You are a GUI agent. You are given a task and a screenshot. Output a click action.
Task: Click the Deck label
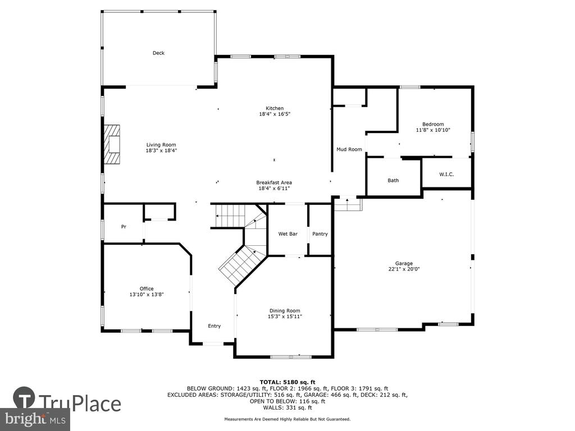158,53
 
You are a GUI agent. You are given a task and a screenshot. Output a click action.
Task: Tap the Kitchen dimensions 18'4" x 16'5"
275,114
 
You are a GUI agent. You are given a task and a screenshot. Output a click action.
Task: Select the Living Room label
161,145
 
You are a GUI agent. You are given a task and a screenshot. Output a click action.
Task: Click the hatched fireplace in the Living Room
112,144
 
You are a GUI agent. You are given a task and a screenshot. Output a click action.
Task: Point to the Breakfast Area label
274,182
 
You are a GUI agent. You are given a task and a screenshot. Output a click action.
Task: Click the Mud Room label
349,149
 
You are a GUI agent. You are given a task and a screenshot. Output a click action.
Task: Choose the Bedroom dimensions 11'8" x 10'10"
433,130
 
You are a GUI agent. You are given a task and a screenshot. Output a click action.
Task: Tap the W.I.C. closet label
446,175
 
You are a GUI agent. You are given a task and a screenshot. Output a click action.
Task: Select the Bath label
393,180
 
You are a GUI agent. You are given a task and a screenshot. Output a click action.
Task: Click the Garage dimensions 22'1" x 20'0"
404,269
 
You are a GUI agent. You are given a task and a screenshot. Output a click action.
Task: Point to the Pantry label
320,234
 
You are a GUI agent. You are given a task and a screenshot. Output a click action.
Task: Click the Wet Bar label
288,234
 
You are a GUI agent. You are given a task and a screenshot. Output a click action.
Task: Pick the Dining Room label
285,311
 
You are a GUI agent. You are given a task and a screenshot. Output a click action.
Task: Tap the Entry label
214,326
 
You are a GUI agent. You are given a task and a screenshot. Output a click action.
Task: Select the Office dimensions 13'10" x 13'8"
147,294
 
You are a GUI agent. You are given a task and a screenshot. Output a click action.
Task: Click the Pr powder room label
124,227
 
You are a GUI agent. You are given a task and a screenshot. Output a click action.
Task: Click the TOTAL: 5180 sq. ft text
287,382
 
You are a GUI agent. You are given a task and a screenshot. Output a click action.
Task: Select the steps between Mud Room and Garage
348,204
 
